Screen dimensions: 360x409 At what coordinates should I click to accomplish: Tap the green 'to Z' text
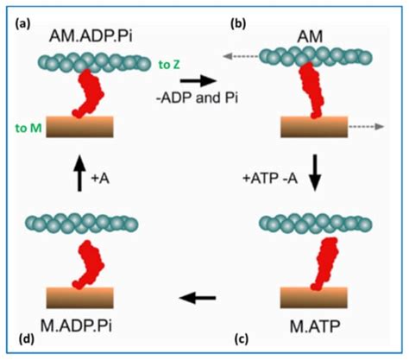click(170, 63)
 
